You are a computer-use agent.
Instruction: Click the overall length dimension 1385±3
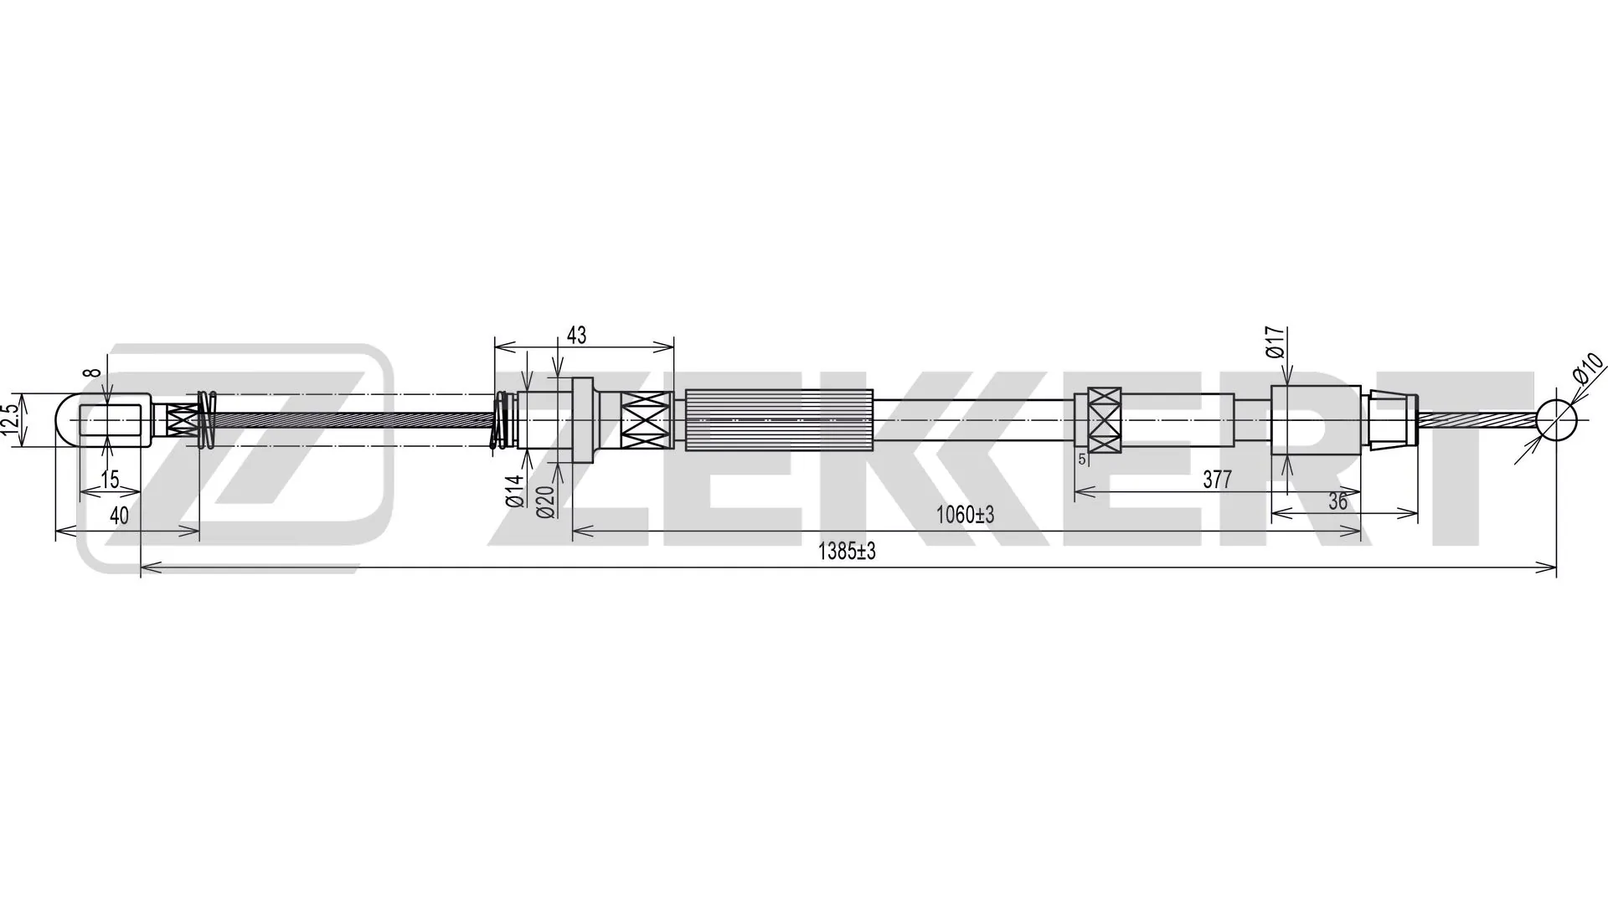click(846, 552)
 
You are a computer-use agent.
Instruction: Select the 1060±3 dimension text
click(965, 515)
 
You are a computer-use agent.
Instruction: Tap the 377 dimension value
click(1217, 480)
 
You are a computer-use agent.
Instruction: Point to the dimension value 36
click(1337, 501)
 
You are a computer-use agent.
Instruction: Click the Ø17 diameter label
click(1275, 343)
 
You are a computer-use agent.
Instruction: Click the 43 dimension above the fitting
click(576, 336)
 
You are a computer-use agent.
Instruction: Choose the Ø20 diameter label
click(545, 501)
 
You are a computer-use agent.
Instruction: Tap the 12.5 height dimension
click(10, 420)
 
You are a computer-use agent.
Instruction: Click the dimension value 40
click(119, 516)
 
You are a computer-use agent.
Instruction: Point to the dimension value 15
click(110, 480)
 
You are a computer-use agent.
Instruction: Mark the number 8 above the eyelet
click(94, 372)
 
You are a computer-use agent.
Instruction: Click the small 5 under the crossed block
click(1081, 459)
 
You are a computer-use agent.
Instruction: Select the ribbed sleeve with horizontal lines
click(779, 420)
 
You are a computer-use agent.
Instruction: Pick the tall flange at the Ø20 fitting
click(583, 420)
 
